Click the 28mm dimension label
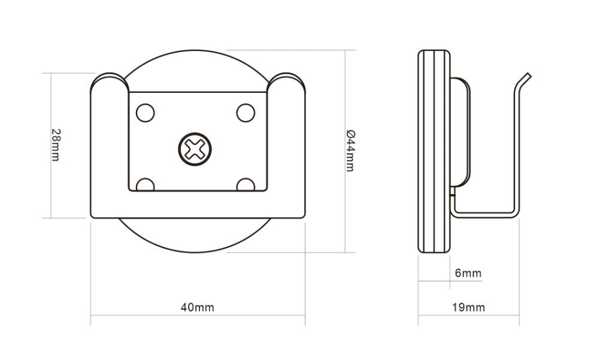click(55, 145)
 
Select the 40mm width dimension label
click(197, 308)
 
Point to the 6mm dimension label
click(468, 274)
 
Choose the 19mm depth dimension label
click(468, 308)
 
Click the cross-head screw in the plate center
click(195, 148)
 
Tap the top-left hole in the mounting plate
click(146, 113)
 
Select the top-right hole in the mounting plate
click(246, 113)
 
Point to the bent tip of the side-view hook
click(525, 80)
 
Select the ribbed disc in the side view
click(434, 152)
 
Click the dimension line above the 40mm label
click(198, 316)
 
